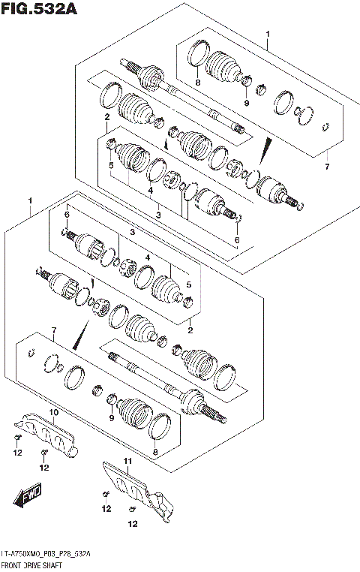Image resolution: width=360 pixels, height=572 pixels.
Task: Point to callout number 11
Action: (127, 460)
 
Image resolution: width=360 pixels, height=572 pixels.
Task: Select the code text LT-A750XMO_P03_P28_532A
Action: (46, 553)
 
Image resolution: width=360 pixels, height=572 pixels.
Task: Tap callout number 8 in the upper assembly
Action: (198, 83)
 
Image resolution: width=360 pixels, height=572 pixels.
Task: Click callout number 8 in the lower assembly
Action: (155, 452)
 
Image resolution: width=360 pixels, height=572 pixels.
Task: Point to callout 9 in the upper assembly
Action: (245, 102)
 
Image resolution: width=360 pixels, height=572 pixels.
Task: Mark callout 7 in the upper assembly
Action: (326, 166)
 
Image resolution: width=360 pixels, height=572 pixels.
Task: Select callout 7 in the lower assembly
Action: (53, 330)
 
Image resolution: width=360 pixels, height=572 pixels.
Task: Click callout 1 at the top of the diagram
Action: (268, 34)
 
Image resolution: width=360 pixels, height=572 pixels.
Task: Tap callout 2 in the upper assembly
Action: (107, 118)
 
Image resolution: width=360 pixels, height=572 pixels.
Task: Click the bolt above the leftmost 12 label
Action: (16, 437)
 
